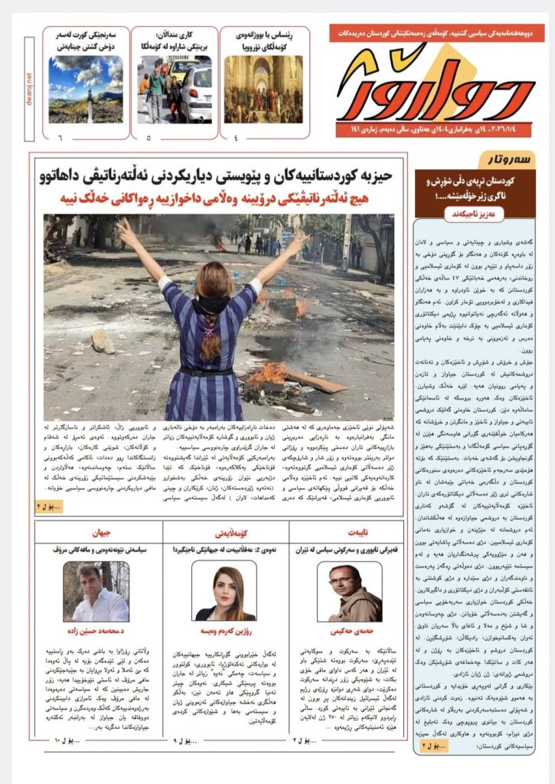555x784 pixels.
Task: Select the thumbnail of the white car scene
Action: pyautogui.click(x=175, y=89)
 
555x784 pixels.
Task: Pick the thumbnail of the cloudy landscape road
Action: pyautogui.click(x=86, y=89)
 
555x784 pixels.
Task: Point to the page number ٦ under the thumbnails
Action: pyautogui.click(x=59, y=138)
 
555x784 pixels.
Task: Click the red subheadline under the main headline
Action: pyautogui.click(x=218, y=199)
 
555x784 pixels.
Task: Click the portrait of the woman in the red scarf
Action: pyautogui.click(x=224, y=591)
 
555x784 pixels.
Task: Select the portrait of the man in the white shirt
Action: pyautogui.click(x=96, y=592)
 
